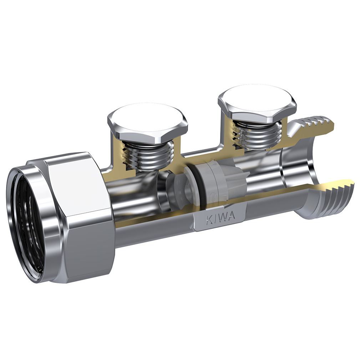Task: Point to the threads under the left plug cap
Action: point(147,155)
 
